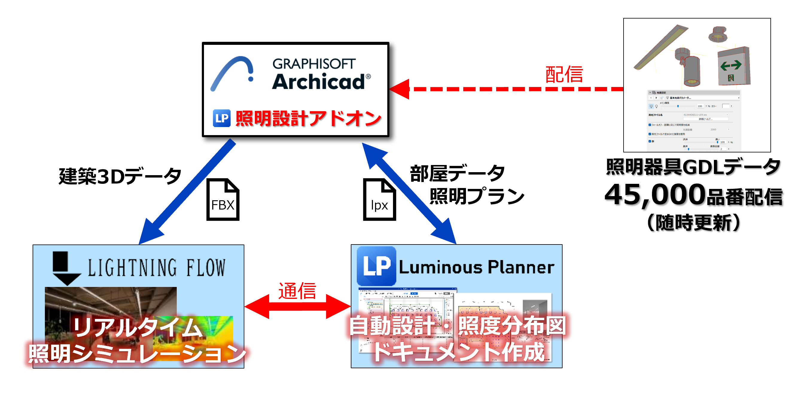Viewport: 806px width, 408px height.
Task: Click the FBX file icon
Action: pyautogui.click(x=223, y=200)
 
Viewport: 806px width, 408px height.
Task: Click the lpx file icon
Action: pyautogui.click(x=379, y=200)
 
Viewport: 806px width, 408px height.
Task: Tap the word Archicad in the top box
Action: pyautogui.click(x=319, y=82)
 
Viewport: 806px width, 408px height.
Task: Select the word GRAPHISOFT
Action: pyautogui.click(x=314, y=64)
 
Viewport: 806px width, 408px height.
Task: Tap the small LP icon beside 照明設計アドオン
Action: pyautogui.click(x=222, y=118)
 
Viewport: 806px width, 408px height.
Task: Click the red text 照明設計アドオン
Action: pyautogui.click(x=308, y=118)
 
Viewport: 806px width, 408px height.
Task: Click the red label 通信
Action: pyautogui.click(x=297, y=291)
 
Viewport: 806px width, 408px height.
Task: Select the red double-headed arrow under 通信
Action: pyautogui.click(x=297, y=306)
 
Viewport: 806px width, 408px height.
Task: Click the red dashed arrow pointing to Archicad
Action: pyautogui.click(x=507, y=89)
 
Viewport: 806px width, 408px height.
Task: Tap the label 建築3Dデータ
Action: pyautogui.click(x=120, y=176)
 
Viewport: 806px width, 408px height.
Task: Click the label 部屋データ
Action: pyautogui.click(x=457, y=174)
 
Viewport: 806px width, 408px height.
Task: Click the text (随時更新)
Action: pyautogui.click(x=693, y=223)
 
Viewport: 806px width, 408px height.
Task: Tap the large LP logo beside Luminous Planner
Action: pyautogui.click(x=376, y=266)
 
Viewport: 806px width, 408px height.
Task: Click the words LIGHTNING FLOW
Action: pyautogui.click(x=156, y=268)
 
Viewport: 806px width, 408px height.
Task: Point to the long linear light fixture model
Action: pyautogui.click(x=660, y=47)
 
